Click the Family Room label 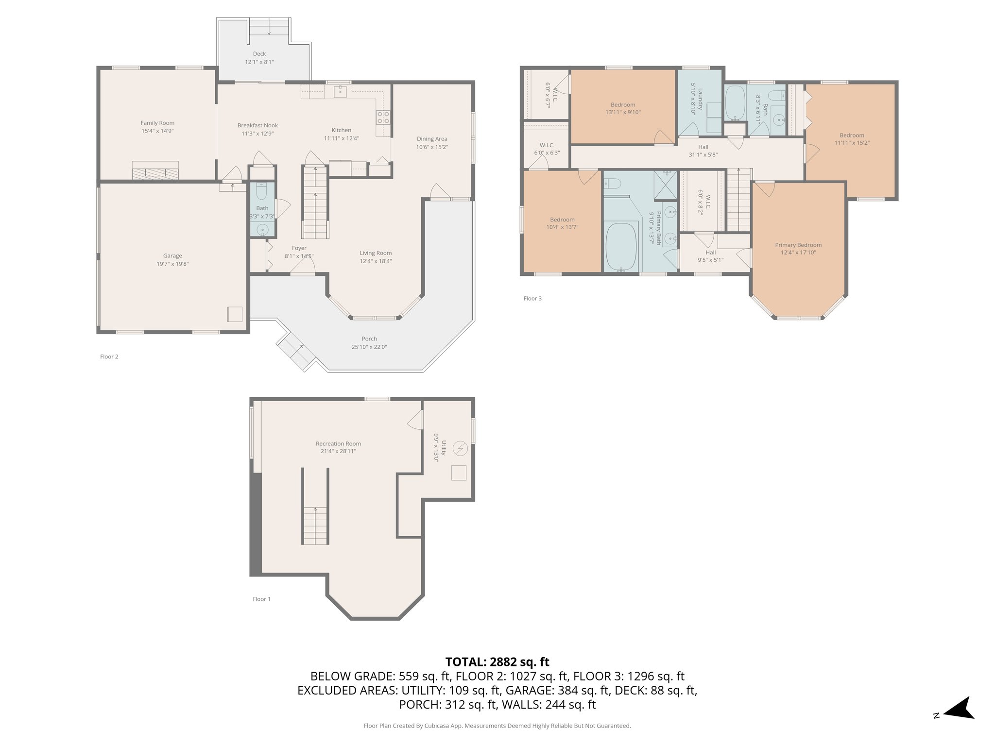pos(157,123)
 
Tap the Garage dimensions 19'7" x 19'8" pos(172,264)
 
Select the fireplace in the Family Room pos(155,171)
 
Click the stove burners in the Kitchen pos(383,117)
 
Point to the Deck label pos(259,54)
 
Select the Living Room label pos(376,253)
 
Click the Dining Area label pos(432,139)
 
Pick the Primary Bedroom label pos(798,245)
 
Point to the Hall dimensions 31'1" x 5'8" pos(703,155)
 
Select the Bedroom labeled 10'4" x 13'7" pos(562,220)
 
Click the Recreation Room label pos(338,443)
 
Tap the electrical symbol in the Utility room pos(459,448)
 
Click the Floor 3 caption pos(532,298)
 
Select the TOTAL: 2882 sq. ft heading pos(497,661)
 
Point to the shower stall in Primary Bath pos(665,186)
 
